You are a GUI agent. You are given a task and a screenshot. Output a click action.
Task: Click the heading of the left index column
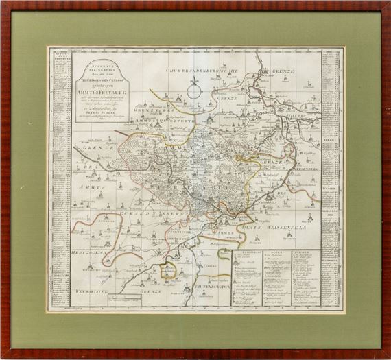point(60,55)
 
